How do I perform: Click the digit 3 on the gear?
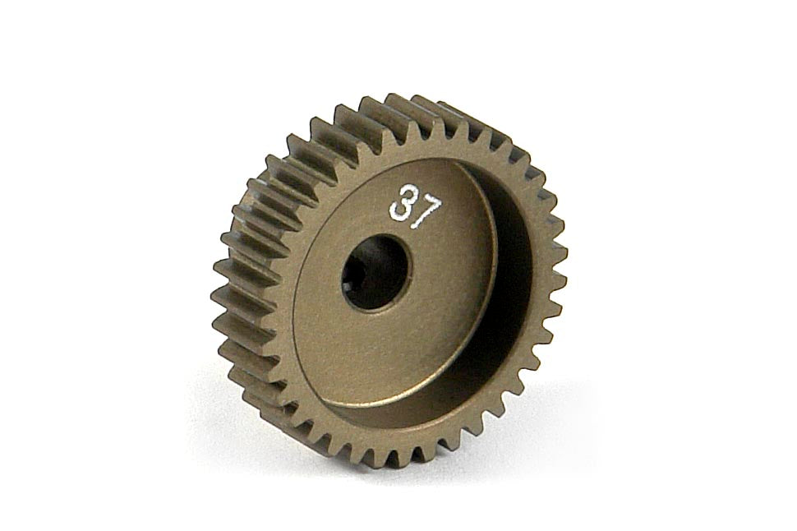tap(399, 204)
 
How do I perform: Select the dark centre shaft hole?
tap(375, 271)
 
